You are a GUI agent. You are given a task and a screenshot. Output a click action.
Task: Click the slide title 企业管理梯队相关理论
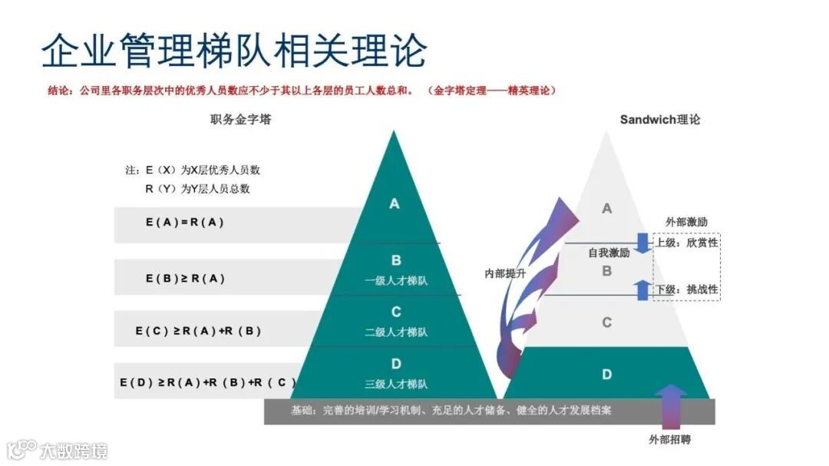click(x=233, y=51)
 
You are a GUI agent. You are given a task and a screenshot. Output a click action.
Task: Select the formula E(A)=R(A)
click(x=185, y=222)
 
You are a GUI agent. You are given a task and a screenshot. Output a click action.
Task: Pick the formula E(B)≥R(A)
click(x=185, y=279)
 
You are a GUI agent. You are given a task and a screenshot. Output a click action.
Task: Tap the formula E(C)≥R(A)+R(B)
click(x=198, y=331)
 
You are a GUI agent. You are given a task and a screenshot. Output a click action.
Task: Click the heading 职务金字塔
click(x=240, y=120)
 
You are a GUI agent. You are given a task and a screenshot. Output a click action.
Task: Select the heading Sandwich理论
click(x=659, y=120)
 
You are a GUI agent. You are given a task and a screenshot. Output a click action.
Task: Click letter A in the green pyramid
click(x=395, y=204)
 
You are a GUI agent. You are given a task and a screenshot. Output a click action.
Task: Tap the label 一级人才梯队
click(x=396, y=281)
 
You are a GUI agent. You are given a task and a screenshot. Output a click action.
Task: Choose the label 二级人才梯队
click(x=396, y=332)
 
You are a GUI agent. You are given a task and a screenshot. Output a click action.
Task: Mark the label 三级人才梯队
click(x=396, y=384)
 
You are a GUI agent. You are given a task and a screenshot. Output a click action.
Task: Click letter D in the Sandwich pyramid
click(x=606, y=375)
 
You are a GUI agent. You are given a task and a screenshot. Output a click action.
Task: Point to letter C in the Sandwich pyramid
click(x=606, y=322)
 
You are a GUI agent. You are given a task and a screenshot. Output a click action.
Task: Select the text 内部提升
click(x=505, y=273)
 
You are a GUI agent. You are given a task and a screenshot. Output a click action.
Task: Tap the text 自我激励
click(x=609, y=253)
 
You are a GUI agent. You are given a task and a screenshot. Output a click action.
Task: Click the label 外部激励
click(x=686, y=222)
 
